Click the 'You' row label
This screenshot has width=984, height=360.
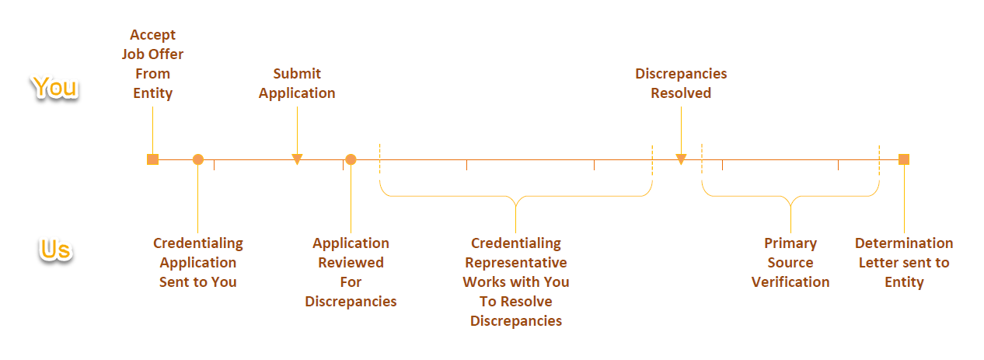click(55, 87)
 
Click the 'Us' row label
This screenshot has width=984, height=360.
click(55, 250)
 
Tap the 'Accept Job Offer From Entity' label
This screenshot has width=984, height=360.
click(152, 64)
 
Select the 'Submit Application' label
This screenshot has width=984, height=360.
click(297, 83)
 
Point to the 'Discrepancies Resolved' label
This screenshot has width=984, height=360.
click(681, 83)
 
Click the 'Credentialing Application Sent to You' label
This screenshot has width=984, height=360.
click(197, 263)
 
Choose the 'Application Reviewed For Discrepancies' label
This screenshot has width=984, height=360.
click(351, 272)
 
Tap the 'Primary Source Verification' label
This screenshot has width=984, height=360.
click(790, 263)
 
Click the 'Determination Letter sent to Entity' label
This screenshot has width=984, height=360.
click(904, 263)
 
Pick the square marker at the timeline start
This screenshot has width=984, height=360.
click(152, 159)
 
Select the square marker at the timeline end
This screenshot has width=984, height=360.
click(903, 159)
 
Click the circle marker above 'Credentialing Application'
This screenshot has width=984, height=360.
click(198, 159)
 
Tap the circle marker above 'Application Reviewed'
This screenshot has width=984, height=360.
click(351, 159)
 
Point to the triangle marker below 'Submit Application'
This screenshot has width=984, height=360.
click(297, 159)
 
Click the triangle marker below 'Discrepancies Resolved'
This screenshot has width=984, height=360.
click(681, 159)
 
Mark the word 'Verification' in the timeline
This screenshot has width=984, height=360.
click(790, 282)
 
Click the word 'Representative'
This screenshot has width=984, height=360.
click(516, 263)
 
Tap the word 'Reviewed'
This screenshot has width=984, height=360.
click(351, 263)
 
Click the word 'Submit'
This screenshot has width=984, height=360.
click(297, 74)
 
